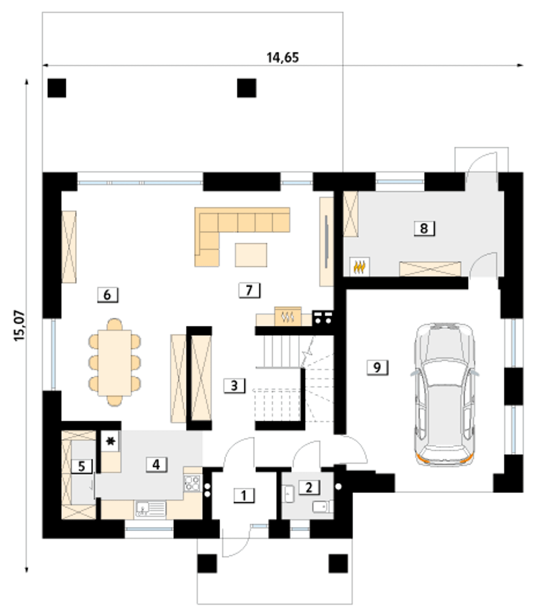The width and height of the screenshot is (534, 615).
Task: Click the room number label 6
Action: click(108, 295)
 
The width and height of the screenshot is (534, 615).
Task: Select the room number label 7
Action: click(249, 290)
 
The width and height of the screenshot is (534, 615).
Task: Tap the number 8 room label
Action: click(424, 229)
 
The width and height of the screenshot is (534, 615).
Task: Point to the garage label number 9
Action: click(377, 367)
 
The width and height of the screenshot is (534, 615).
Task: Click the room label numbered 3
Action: click(234, 386)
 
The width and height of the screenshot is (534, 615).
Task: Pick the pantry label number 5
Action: click(81, 466)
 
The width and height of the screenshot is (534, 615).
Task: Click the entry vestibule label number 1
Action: click(244, 496)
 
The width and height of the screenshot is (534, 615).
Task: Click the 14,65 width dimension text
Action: click(283, 58)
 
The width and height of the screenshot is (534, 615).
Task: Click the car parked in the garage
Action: click(445, 394)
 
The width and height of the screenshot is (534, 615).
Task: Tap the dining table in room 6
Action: click(114, 363)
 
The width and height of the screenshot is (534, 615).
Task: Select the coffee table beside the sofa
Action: click(251, 255)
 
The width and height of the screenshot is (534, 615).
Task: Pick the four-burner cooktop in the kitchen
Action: click(192, 483)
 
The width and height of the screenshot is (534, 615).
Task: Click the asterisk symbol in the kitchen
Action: click(111, 441)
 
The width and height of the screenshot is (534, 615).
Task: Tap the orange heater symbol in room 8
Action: click(359, 267)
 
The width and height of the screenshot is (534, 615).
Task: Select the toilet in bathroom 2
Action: click(323, 507)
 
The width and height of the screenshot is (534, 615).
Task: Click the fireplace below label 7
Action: click(287, 316)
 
